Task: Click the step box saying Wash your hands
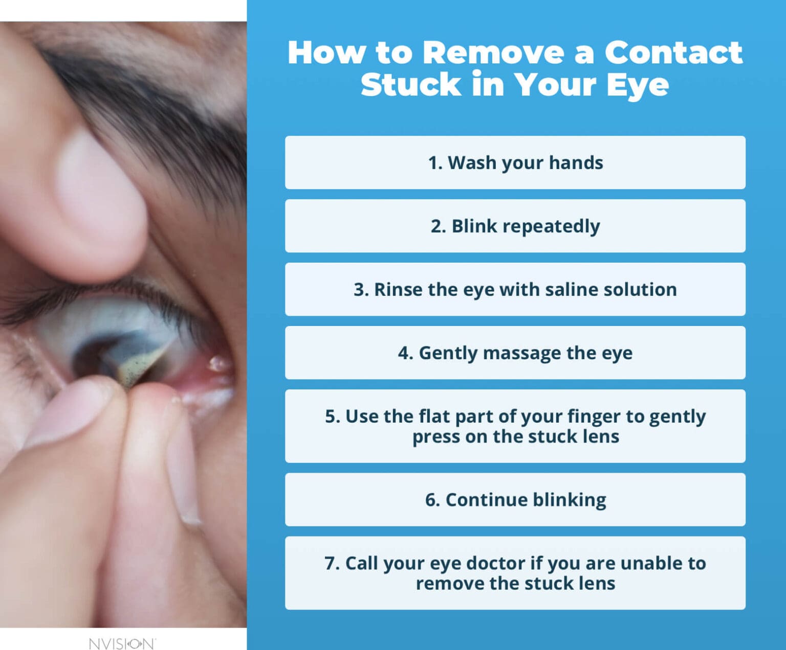pyautogui.click(x=515, y=163)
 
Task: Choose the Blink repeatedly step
pyautogui.click(x=515, y=226)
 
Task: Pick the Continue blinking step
pyautogui.click(x=515, y=500)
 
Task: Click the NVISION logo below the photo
pyautogui.click(x=122, y=643)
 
